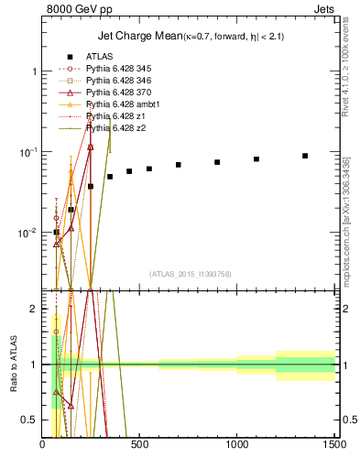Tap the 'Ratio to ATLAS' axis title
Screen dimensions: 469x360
pyautogui.click(x=12, y=365)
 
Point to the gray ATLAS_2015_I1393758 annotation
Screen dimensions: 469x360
pyautogui.click(x=189, y=274)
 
